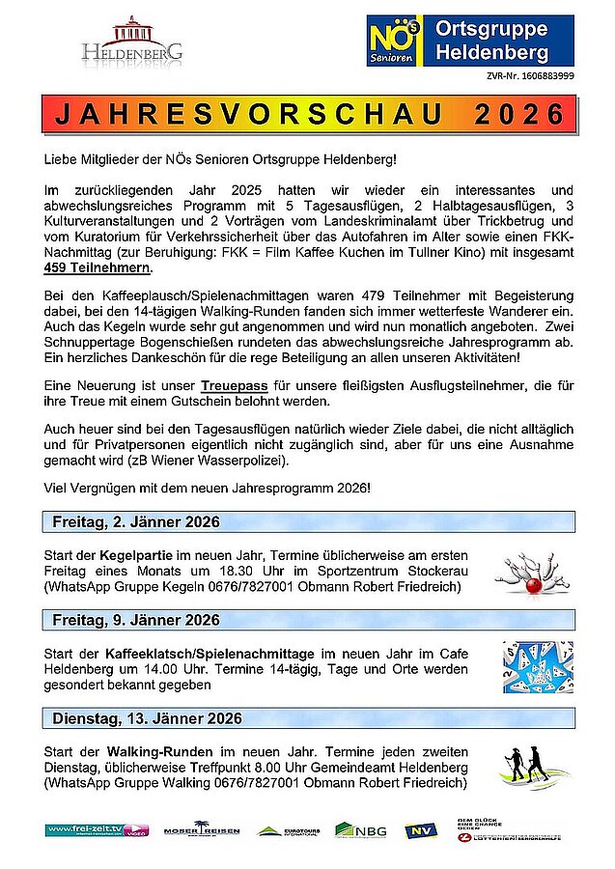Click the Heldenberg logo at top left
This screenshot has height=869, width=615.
pyautogui.click(x=132, y=41)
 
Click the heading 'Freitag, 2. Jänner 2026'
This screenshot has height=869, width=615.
pyautogui.click(x=136, y=522)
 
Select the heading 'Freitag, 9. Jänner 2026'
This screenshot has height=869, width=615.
pyautogui.click(x=136, y=620)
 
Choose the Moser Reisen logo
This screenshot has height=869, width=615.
pyautogui.click(x=201, y=829)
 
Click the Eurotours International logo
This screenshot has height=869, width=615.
pyautogui.click(x=287, y=829)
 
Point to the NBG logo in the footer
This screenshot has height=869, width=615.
pyautogui.click(x=360, y=829)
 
